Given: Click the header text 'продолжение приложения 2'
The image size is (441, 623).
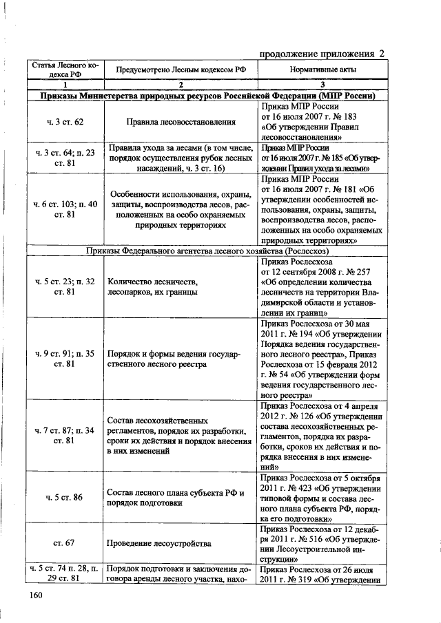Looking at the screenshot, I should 322,54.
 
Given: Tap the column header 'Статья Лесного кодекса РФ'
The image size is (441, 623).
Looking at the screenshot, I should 64,70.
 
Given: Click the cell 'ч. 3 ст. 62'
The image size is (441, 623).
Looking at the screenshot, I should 64,122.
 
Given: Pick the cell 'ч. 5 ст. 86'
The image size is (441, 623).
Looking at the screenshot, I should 64,496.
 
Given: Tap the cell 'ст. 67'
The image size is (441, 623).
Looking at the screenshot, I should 64,543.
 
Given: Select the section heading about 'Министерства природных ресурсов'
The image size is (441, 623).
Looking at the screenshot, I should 207,96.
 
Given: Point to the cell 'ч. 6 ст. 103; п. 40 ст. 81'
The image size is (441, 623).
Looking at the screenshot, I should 64,209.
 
